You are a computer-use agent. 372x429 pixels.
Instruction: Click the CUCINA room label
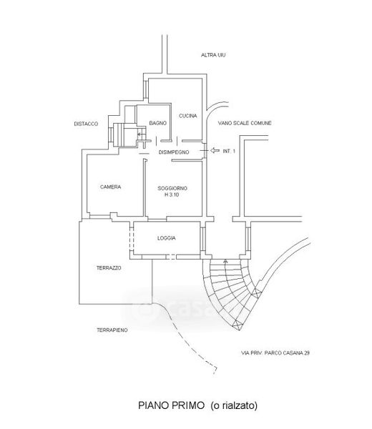187,116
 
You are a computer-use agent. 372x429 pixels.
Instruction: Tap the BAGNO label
158,124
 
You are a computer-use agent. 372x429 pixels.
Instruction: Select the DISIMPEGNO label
174,152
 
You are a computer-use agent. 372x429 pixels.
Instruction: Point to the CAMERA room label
111,187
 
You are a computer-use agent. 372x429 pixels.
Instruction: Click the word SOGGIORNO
172,189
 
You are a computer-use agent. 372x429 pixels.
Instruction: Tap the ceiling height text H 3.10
172,194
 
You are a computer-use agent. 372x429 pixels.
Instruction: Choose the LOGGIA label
167,238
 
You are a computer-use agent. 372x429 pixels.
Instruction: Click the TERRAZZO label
109,268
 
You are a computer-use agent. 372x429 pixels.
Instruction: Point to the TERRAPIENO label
112,330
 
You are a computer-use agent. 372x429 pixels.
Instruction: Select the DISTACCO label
86,124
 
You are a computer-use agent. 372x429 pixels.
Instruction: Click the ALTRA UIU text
213,55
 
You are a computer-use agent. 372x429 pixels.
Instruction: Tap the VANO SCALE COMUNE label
245,123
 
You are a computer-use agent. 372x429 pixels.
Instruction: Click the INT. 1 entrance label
229,152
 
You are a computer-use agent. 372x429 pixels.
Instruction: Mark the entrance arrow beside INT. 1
215,150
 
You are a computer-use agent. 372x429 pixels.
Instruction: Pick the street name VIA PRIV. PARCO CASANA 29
275,353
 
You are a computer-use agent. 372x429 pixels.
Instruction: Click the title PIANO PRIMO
172,405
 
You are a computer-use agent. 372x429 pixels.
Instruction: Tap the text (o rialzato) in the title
234,405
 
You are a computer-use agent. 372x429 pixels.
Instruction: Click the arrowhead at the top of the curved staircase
225,261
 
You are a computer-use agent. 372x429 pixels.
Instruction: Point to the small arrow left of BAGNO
141,134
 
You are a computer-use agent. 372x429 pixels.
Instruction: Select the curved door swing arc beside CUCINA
215,106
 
